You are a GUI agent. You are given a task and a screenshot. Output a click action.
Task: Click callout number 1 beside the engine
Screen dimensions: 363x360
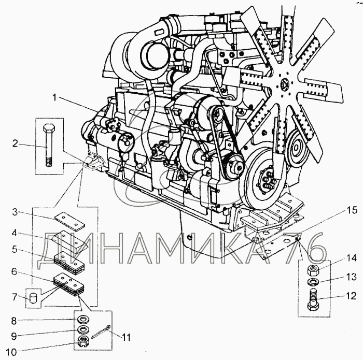(x=54, y=98)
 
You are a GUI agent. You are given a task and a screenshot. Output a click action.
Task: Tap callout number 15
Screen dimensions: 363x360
(x=352, y=210)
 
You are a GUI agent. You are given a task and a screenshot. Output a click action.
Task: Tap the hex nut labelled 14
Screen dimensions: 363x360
(x=313, y=270)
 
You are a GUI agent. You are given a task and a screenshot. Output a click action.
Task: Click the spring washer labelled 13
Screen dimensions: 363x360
(x=313, y=282)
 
